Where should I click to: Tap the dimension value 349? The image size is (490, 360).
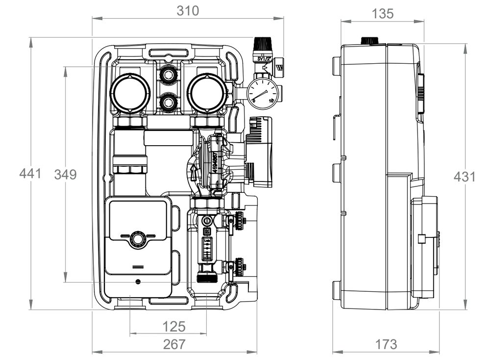[66, 175]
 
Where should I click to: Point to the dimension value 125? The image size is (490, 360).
[174, 326]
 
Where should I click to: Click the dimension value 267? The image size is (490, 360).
[174, 344]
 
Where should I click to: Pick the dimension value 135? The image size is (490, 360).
[383, 14]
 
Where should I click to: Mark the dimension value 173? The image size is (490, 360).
[386, 344]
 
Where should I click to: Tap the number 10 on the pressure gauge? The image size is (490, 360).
[271, 101]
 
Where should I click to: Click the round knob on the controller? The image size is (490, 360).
[138, 240]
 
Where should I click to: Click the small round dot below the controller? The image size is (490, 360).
[138, 282]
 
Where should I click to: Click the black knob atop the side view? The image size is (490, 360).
[368, 41]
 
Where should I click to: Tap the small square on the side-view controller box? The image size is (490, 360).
[421, 239]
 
